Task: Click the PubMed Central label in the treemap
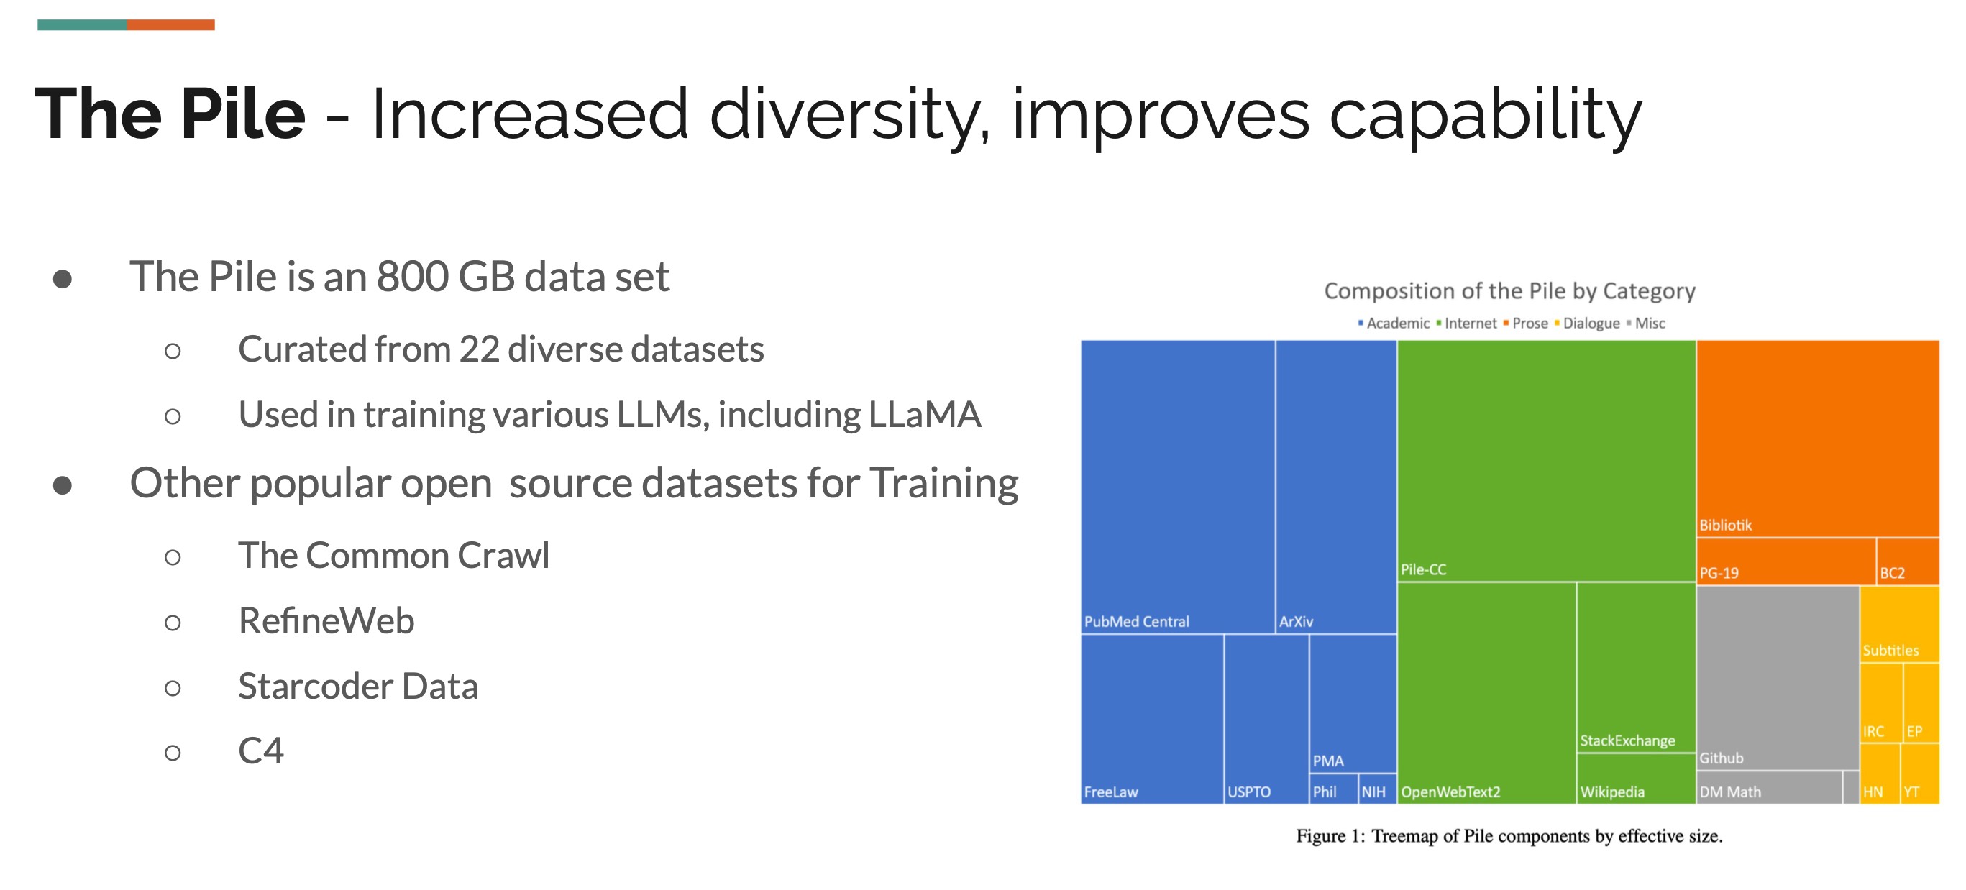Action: (x=1135, y=621)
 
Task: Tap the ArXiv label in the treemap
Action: (x=1296, y=621)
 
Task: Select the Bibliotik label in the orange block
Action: (x=1725, y=525)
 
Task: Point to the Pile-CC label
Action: (x=1422, y=569)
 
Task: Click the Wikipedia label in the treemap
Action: (x=1612, y=792)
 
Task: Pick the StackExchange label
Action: (x=1627, y=740)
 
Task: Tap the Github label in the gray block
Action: (x=1721, y=758)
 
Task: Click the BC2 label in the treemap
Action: (x=1892, y=573)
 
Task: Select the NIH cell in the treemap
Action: (x=1373, y=792)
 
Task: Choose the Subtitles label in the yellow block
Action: (x=1890, y=651)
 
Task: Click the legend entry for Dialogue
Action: (x=1591, y=324)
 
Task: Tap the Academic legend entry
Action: (x=1396, y=324)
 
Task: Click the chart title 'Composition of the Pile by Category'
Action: (x=1509, y=291)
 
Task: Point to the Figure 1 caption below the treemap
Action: (x=1509, y=836)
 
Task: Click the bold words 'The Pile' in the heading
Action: (x=170, y=114)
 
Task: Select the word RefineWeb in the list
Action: (x=326, y=620)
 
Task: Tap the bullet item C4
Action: (x=260, y=751)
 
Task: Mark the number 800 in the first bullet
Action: (x=412, y=276)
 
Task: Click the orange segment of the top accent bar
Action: (x=170, y=25)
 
